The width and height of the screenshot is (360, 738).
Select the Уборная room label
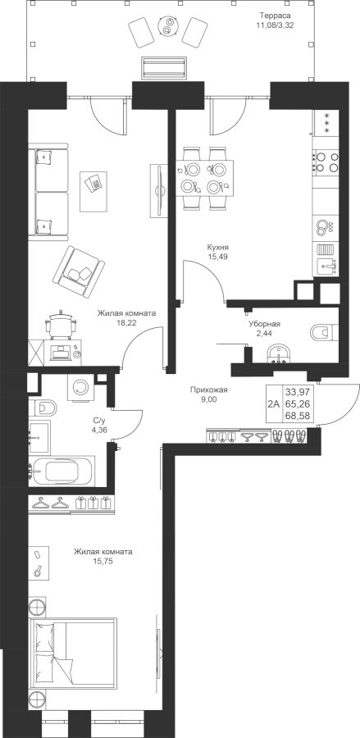tap(265, 324)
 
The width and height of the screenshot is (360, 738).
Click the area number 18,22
tap(126, 323)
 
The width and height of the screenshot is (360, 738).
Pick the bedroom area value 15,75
tap(103, 561)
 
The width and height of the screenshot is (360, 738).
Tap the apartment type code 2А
tap(273, 403)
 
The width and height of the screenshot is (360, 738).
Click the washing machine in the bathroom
tap(81, 386)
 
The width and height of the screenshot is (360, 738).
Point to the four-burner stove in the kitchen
tap(326, 161)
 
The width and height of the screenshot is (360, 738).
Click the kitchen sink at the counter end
tap(326, 266)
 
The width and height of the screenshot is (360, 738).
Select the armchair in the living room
tap(78, 271)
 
